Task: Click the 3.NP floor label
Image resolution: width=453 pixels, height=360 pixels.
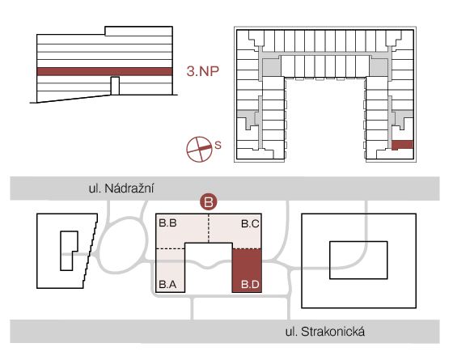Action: tap(203, 71)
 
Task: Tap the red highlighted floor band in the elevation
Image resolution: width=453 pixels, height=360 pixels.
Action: tap(104, 72)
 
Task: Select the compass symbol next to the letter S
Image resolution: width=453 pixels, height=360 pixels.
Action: tap(199, 149)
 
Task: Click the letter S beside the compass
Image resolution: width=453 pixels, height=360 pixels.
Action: tap(218, 145)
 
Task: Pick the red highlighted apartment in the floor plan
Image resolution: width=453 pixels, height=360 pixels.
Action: tap(403, 145)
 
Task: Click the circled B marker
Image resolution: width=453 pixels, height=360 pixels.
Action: tap(209, 201)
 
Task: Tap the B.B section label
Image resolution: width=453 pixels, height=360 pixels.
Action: tap(168, 223)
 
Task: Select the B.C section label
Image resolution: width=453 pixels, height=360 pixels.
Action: tap(250, 223)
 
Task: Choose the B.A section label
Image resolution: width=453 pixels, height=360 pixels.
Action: tap(167, 285)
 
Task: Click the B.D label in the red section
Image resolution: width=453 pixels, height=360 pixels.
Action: tap(250, 285)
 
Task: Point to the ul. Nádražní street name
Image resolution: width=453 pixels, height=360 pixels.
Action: tap(121, 188)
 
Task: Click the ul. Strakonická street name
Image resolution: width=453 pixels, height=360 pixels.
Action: tap(325, 332)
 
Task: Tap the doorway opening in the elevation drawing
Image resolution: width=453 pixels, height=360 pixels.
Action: tap(115, 86)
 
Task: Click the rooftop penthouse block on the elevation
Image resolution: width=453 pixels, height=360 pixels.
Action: tap(138, 32)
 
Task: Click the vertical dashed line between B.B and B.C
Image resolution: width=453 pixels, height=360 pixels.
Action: tap(209, 228)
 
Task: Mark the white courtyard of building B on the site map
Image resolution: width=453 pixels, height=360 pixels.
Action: tap(209, 267)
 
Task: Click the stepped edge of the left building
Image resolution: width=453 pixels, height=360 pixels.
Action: tap(91, 251)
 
